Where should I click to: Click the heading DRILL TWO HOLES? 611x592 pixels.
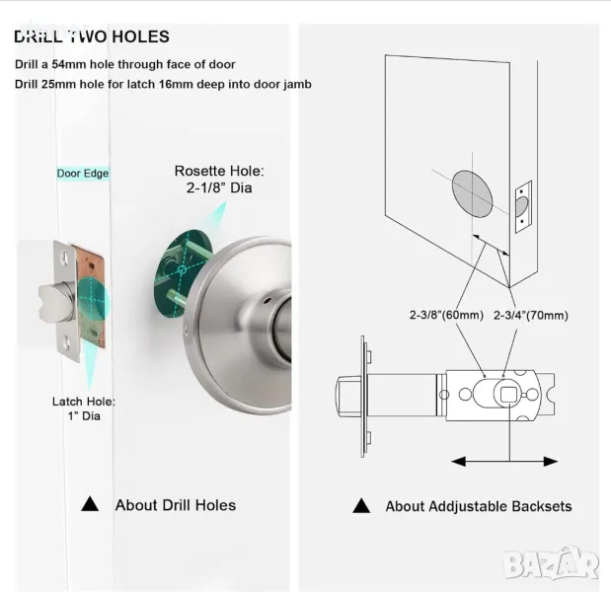[92, 37]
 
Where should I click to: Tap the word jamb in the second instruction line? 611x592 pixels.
[297, 85]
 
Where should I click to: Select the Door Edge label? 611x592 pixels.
[83, 174]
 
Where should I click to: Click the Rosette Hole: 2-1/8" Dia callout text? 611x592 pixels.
[219, 180]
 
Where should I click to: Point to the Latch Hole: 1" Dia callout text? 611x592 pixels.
[84, 408]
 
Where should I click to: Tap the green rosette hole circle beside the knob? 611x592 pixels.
[183, 271]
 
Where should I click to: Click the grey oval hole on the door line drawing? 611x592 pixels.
[472, 193]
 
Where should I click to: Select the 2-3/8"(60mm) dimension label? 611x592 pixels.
[446, 315]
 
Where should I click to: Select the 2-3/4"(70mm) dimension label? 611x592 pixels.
[531, 315]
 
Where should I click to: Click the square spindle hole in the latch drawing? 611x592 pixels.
[507, 395]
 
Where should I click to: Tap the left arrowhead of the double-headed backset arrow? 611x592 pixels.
[459, 462]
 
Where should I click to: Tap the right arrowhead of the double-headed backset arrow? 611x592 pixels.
[551, 462]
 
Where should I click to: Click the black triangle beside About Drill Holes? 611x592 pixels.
[90, 504]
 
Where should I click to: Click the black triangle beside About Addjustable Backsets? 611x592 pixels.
[361, 505]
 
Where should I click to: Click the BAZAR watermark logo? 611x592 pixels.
[551, 563]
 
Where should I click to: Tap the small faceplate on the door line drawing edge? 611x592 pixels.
[523, 207]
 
